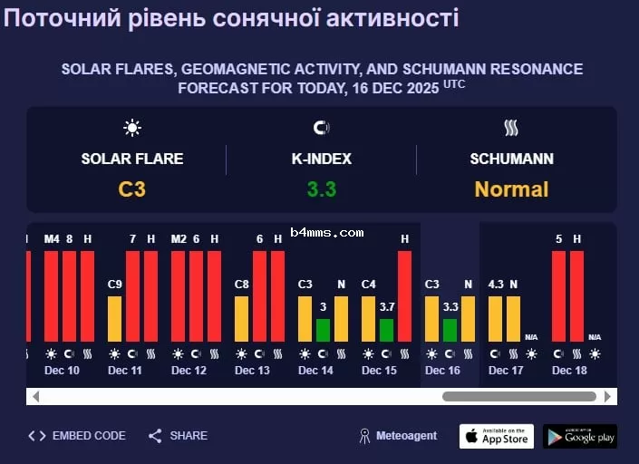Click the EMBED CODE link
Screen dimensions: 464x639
point(78,436)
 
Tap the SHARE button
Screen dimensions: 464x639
point(179,436)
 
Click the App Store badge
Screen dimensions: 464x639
point(497,436)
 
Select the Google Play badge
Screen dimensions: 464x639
point(580,436)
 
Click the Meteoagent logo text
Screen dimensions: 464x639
point(398,436)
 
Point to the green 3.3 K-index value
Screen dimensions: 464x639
point(321,189)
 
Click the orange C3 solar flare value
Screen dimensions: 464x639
point(132,189)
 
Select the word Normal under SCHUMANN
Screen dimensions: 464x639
point(511,189)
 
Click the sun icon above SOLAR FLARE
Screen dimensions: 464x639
point(132,128)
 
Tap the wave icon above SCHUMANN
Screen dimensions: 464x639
point(511,128)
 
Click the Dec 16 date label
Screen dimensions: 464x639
point(442,371)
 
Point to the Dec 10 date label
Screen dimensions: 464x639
point(62,371)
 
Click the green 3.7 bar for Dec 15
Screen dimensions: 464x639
point(386,330)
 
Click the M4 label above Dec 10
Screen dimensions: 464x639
point(51,238)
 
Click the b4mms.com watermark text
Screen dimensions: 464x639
point(327,233)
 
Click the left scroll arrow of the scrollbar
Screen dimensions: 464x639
point(35,396)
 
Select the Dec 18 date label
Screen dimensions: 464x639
point(569,371)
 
